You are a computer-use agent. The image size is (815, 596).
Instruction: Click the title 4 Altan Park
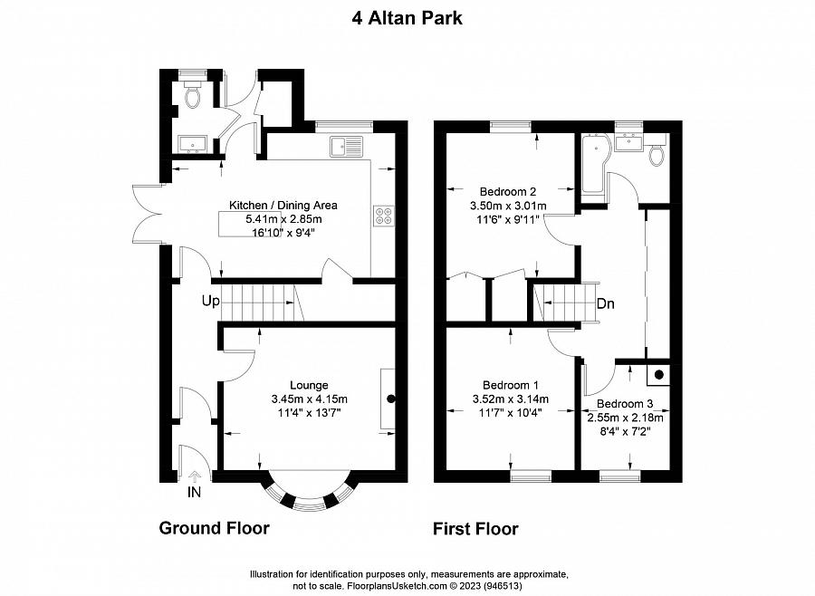407,17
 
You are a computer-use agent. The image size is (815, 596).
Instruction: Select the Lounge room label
309,384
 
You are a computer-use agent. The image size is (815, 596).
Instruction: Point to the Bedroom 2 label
508,191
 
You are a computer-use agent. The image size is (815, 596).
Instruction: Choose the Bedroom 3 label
624,403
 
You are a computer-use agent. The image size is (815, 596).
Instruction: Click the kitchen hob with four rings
383,216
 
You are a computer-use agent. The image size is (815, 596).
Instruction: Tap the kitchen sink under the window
347,145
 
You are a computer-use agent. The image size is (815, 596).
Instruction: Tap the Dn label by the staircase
605,304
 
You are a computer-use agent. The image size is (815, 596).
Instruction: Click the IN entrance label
194,493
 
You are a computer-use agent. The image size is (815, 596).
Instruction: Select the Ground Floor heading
214,528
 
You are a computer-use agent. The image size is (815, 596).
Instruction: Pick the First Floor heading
475,529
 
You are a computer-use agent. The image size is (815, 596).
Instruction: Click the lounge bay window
308,496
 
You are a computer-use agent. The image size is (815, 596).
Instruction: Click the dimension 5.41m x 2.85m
283,218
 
